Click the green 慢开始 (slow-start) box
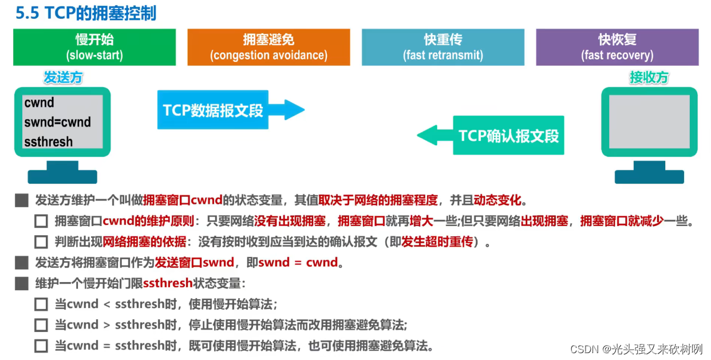pos(94,47)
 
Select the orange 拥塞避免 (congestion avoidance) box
pos(268,47)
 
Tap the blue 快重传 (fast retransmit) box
pos(443,47)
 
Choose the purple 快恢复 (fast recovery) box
pos(617,47)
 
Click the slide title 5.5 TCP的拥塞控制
pos(86,13)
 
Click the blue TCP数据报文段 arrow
pos(229,110)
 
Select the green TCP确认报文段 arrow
pos(492,136)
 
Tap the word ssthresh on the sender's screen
pos(49,141)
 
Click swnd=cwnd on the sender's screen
pos(57,122)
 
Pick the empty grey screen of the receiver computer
pos(649,122)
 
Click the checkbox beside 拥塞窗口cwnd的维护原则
pos(41,221)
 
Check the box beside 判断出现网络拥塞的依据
pos(41,242)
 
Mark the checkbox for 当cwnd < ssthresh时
pos(41,304)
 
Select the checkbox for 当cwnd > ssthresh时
pos(41,325)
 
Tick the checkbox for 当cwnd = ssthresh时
pos(41,346)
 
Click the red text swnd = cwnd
pos(298,263)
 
